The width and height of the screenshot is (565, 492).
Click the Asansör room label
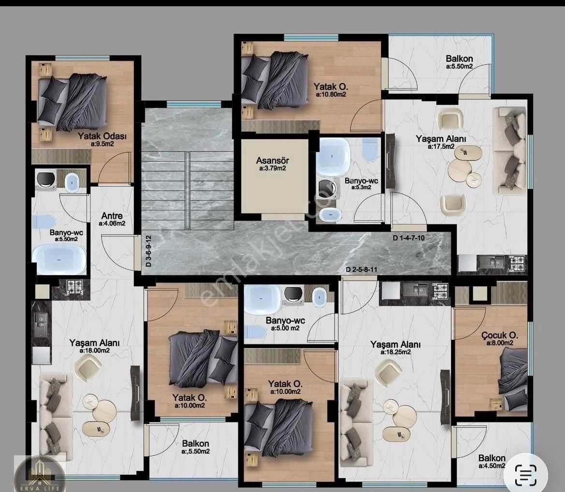pos(273,160)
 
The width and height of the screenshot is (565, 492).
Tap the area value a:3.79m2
pos(273,169)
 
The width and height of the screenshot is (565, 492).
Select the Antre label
pos(112,216)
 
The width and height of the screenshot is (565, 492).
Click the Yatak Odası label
pos(102,137)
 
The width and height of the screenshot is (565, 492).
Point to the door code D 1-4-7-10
pos(408,238)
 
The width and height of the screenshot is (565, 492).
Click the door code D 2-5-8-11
pos(362,269)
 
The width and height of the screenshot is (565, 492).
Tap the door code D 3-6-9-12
pos(148,251)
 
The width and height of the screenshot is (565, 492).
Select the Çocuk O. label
pos(500,336)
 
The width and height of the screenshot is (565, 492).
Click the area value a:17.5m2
pos(441,147)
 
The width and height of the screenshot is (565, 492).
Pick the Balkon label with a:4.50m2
pos(492,458)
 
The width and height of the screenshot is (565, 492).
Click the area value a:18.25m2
pos(396,352)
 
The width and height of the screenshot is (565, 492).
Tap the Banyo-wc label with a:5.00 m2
pos(285,321)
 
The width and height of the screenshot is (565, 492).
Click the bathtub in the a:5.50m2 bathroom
pos(59,258)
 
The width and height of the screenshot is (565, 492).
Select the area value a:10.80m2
pos(331,95)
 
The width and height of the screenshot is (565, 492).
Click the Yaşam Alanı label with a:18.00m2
pos(94,343)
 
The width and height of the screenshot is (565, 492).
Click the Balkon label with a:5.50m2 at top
pos(459,58)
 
